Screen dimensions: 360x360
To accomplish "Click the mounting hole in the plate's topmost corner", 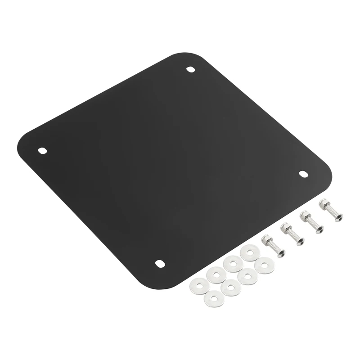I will coord(191,70).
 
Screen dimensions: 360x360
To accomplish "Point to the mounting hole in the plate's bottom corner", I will coord(159,263).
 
